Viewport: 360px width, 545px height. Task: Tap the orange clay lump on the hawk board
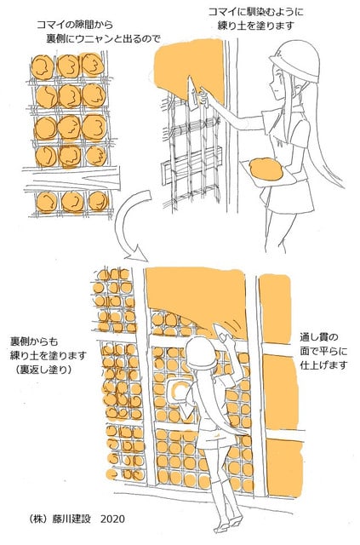[266, 169]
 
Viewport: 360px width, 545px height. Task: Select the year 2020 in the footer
[112, 519]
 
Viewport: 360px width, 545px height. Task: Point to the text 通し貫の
[319, 337]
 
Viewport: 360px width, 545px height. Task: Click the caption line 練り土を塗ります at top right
[256, 26]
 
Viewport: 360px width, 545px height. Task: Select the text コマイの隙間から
[75, 25]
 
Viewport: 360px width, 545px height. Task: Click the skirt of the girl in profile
[290, 196]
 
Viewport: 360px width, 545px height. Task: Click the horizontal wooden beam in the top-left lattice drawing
[71, 179]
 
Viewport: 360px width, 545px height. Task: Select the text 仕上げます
[324, 365]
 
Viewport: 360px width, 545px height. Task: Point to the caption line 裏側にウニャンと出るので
[104, 39]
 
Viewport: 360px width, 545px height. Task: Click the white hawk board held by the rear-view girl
[178, 392]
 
